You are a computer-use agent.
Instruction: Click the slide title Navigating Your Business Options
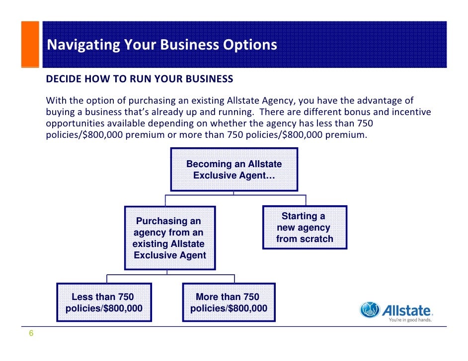coord(162,45)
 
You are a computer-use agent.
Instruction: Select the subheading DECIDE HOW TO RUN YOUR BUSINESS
coord(140,79)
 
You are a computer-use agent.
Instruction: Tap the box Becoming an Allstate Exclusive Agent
coord(234,170)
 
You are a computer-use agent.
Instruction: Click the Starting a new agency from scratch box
coord(305,228)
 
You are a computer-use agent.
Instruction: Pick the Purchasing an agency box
coord(169,238)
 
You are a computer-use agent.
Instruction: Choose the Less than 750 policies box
coord(104,303)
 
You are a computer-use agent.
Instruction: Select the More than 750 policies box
coord(229,303)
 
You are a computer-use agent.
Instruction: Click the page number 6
coord(31,333)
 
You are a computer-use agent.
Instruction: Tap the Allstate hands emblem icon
coord(370,310)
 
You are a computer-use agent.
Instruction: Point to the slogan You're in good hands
coord(410,320)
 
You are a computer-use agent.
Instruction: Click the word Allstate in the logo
coord(406,310)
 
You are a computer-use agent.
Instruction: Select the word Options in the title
coord(249,45)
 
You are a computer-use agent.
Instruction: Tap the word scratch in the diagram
coord(317,239)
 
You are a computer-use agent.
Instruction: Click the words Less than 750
coord(103,297)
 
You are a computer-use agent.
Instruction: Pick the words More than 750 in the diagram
coord(228,297)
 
